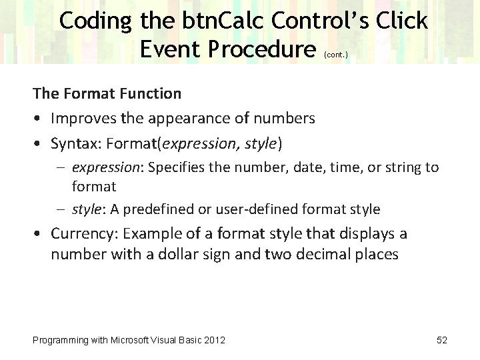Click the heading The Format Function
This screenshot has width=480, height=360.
[x=107, y=93]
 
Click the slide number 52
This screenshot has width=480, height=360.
[x=441, y=340]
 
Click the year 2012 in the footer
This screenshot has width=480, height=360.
[x=214, y=340]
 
